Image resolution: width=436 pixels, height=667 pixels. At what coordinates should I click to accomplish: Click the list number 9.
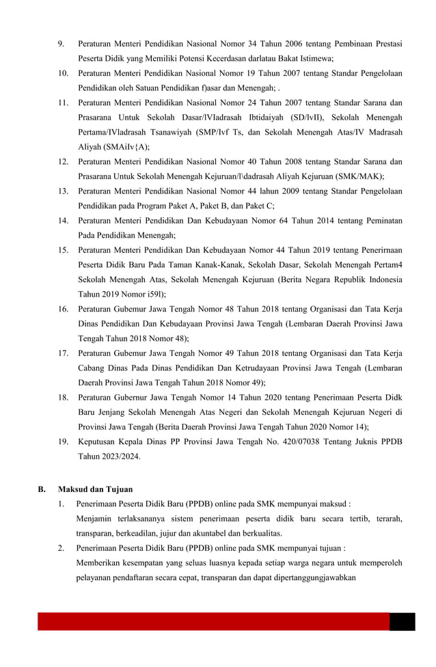click(x=61, y=44)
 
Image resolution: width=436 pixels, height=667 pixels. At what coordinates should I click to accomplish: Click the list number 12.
click(x=63, y=161)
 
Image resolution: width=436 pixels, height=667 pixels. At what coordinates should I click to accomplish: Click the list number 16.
click(x=63, y=309)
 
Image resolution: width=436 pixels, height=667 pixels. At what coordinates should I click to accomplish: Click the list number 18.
click(x=63, y=397)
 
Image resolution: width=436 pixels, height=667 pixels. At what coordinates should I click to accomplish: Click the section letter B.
click(x=42, y=489)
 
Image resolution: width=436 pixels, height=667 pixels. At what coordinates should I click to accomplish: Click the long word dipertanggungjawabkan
click(x=307, y=577)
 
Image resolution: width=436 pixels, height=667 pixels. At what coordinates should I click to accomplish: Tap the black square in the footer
click(x=402, y=621)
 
